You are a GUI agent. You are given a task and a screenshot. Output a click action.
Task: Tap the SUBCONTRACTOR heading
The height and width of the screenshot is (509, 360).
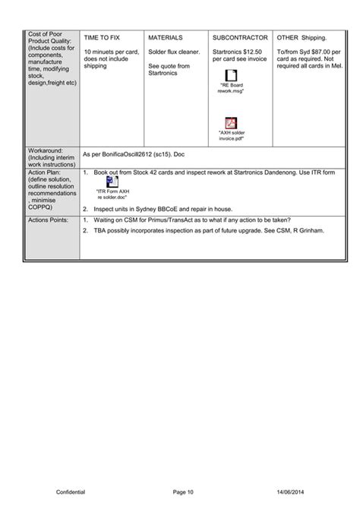[240, 36]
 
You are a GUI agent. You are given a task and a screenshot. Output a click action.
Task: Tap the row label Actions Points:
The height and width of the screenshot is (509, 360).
[47, 220]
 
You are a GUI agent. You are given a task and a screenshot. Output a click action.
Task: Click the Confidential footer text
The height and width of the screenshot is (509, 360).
[71, 493]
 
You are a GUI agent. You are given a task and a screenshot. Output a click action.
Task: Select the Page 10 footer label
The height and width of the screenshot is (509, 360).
[183, 493]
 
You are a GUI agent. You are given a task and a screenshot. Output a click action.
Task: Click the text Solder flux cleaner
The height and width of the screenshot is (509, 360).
[174, 51]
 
